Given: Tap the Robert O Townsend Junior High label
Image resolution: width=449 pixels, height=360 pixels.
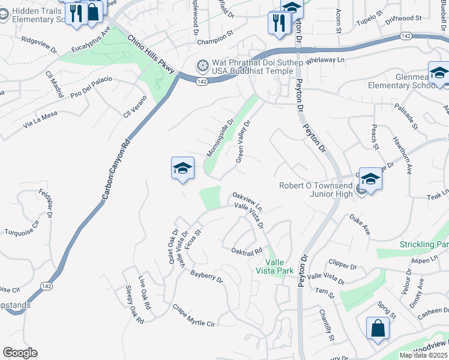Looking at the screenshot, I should coord(315,190).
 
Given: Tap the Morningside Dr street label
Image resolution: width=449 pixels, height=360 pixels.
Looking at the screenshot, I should coord(220,137).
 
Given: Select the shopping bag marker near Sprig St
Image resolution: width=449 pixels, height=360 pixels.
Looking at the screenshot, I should coord(378,328).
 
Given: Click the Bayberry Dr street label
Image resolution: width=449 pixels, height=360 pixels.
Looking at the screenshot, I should coord(206,276).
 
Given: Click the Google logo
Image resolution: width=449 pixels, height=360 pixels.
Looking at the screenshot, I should coord(20,353).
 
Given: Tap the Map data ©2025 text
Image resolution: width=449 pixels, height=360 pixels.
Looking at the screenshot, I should coord(423,355).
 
